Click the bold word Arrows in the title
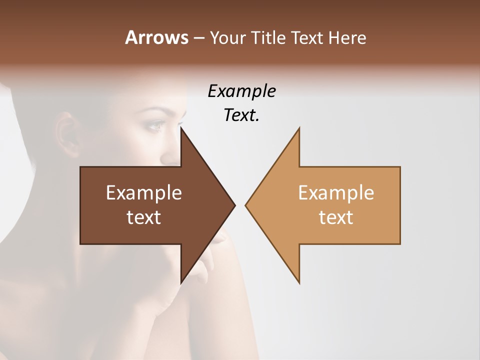click(156, 37)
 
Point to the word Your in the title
click(227, 38)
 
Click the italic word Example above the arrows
click(241, 91)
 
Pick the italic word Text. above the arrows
click(241, 115)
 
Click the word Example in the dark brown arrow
click(144, 193)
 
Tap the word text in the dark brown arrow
click(144, 217)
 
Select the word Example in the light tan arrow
click(336, 193)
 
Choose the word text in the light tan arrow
click(336, 217)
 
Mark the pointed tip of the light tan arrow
click(246, 205)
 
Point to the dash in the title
click(198, 38)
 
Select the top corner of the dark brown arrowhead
click(181, 128)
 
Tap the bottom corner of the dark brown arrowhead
click(181, 282)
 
